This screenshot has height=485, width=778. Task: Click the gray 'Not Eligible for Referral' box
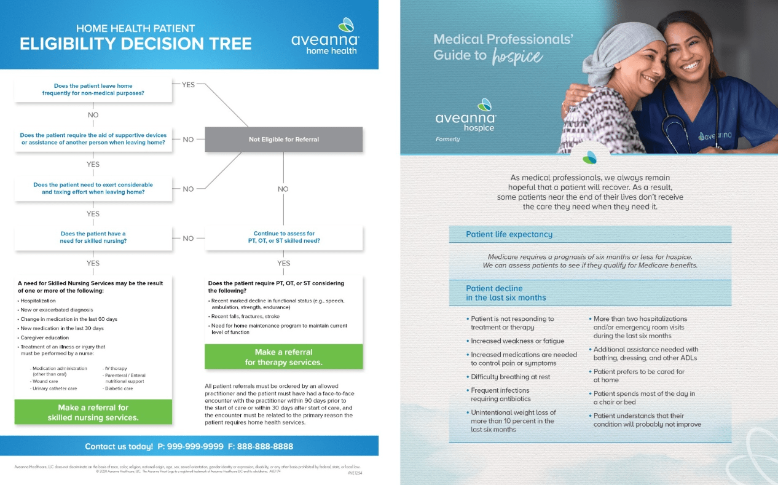coord(283,140)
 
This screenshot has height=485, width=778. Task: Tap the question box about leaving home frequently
coord(93,90)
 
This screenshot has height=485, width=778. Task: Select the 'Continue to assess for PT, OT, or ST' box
coord(283,237)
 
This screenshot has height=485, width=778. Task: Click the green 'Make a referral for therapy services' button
coord(283,357)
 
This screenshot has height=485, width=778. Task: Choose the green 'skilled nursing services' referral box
coord(93,412)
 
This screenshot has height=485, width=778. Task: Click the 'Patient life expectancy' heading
coord(509,234)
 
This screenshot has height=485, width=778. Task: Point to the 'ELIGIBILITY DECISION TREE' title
coord(136,44)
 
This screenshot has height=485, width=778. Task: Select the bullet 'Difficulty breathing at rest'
coord(510,377)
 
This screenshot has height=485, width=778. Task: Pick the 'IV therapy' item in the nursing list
coord(117,368)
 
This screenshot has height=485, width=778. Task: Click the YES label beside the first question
coord(188,85)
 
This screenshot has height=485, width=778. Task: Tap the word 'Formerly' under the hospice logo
coord(447,140)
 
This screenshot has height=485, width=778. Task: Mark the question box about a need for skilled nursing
coord(93,237)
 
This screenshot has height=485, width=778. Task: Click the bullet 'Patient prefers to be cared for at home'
coord(639,376)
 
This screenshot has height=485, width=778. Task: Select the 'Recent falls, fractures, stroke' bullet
coord(245,317)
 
